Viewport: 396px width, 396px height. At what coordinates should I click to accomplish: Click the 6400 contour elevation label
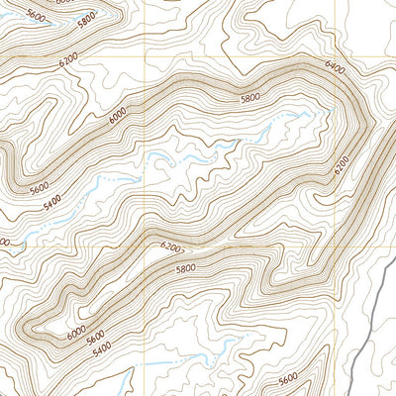[333, 67]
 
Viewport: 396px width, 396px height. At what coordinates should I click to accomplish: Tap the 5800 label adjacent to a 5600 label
[86, 18]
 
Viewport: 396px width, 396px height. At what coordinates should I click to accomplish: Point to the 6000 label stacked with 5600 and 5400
[76, 334]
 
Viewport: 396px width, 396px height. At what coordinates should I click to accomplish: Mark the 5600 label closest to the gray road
[288, 378]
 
